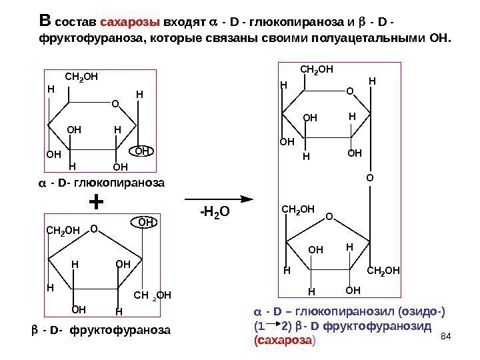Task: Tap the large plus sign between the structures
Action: (x=97, y=201)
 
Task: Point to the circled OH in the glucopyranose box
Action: (x=144, y=151)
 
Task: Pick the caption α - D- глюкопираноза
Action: (x=101, y=182)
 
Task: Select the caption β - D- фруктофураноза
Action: (x=101, y=330)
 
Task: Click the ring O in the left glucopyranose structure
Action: (x=114, y=104)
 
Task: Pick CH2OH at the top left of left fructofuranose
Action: (x=63, y=231)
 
